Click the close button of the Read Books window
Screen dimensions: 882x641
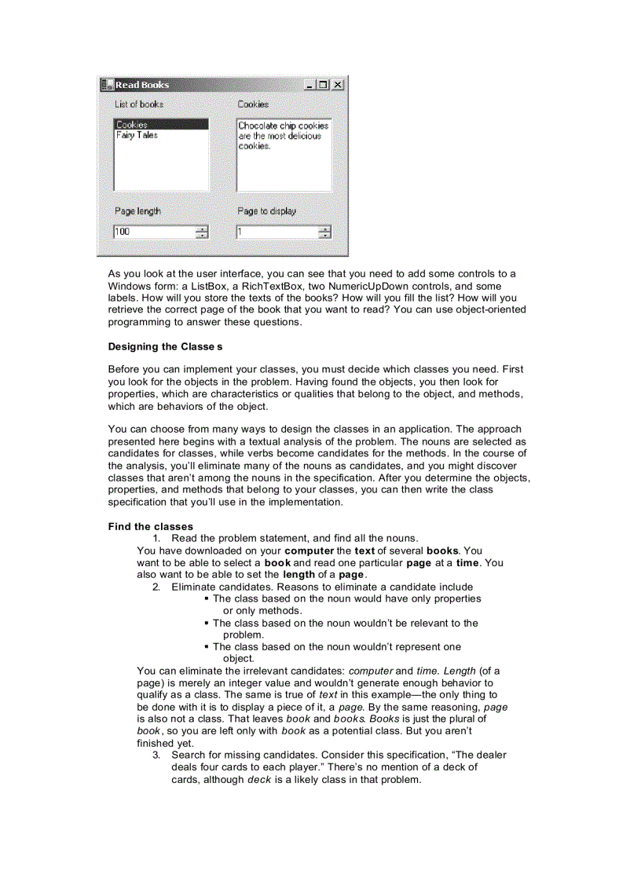[338, 85]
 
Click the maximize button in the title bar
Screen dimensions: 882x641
[324, 85]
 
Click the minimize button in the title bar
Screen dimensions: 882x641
[312, 85]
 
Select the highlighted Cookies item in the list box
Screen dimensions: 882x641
[132, 125]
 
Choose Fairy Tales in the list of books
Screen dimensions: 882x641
[137, 135]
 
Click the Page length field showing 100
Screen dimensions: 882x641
[154, 232]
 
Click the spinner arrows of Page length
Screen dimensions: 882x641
[202, 232]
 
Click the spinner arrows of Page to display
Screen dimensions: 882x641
[324, 232]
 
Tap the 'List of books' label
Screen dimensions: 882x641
[139, 104]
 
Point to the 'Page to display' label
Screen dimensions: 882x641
[267, 211]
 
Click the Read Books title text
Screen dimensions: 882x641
[142, 85]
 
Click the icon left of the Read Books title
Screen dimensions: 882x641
[107, 85]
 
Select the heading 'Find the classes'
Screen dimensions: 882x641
[150, 526]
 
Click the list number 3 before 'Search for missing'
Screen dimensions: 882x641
[156, 755]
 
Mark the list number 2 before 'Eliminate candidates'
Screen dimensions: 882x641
[156, 587]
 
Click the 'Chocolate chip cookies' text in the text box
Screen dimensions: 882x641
[283, 126]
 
